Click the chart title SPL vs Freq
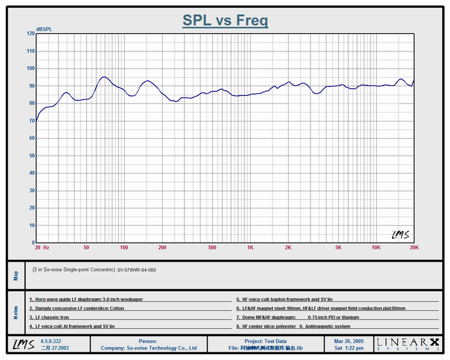[225, 21]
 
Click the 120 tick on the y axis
[31, 33]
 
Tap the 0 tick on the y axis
[33, 243]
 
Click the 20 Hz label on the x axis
[42, 248]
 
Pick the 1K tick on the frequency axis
[250, 248]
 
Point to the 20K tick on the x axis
[413, 248]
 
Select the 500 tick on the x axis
[212, 248]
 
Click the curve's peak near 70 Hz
[104, 77]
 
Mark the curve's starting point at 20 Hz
[37, 120]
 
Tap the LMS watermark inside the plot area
[400, 235]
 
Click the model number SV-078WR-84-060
[136, 270]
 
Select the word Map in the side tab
[16, 275]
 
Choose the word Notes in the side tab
[16, 312]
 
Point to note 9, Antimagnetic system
[325, 327]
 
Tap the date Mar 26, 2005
[348, 341]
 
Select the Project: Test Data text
[265, 341]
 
